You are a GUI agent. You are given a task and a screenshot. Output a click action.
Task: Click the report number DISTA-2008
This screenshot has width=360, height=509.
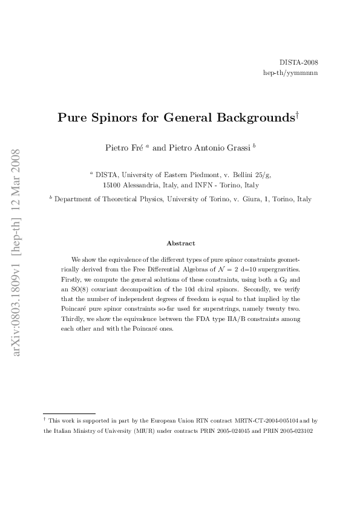point(299,63)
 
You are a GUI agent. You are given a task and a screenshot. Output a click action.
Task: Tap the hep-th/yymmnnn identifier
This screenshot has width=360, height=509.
point(290,73)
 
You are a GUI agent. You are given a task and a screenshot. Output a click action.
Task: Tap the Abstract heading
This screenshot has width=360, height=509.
point(180,243)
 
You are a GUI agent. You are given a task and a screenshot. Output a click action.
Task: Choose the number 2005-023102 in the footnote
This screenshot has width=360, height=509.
point(295,431)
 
